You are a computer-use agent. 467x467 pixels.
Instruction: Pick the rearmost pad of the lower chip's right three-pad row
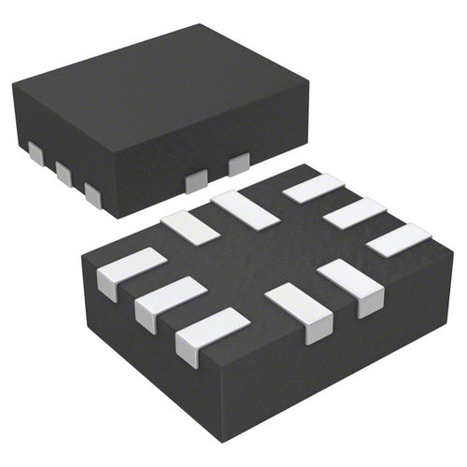click(x=313, y=188)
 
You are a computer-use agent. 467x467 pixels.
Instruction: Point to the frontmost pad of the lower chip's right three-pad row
click(x=398, y=241)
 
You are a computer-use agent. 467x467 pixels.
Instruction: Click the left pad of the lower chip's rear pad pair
click(x=190, y=227)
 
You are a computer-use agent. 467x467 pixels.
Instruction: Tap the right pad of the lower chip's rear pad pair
click(x=242, y=207)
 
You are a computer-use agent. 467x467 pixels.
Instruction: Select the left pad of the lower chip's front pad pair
click(x=298, y=313)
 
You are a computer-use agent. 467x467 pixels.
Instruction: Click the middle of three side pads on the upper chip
click(x=64, y=172)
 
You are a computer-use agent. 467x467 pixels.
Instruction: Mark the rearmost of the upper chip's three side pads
click(x=35, y=153)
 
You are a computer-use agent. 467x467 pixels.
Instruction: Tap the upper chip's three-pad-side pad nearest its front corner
click(x=92, y=193)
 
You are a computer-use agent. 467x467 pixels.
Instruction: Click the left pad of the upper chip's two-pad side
click(x=198, y=181)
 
